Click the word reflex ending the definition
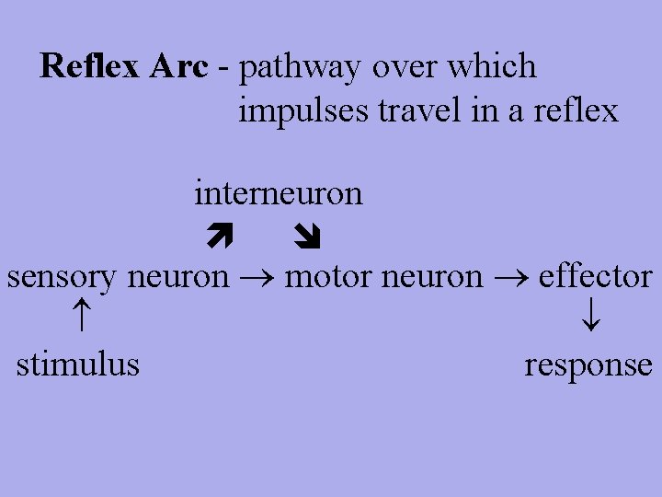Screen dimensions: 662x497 575,110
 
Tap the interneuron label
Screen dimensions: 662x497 279,193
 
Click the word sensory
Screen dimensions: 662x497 63,277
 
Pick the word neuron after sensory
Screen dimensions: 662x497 178,277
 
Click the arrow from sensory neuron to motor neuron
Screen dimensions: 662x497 257,277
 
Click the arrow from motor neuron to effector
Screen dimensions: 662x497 510,277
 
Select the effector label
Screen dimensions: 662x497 595,276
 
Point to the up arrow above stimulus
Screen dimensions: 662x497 80,319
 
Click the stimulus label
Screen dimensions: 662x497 78,364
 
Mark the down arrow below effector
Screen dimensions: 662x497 592,319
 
